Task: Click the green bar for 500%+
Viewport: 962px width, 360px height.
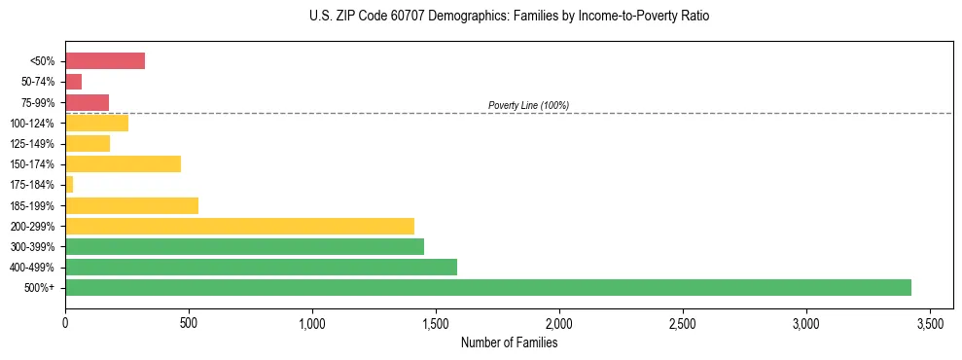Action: point(487,287)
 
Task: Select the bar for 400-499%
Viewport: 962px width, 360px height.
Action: point(261,267)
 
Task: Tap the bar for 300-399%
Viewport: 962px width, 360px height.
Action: point(244,246)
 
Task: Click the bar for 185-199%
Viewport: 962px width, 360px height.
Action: point(131,205)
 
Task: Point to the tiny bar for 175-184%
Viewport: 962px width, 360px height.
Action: point(69,184)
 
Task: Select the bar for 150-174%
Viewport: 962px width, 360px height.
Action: point(123,163)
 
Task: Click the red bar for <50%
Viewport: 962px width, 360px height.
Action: point(105,61)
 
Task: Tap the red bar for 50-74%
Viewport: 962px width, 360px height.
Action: point(73,82)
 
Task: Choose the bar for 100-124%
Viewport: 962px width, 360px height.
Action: point(96,123)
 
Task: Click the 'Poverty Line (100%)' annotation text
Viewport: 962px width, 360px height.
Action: point(528,105)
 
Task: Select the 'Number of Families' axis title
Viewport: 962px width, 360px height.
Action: point(509,342)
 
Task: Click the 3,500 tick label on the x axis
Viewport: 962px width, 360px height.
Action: point(930,322)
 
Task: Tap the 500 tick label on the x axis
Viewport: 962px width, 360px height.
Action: point(189,322)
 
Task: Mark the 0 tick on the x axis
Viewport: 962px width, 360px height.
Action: point(65,322)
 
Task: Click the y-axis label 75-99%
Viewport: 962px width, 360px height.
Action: point(42,103)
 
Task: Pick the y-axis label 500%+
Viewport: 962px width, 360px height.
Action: point(43,288)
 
